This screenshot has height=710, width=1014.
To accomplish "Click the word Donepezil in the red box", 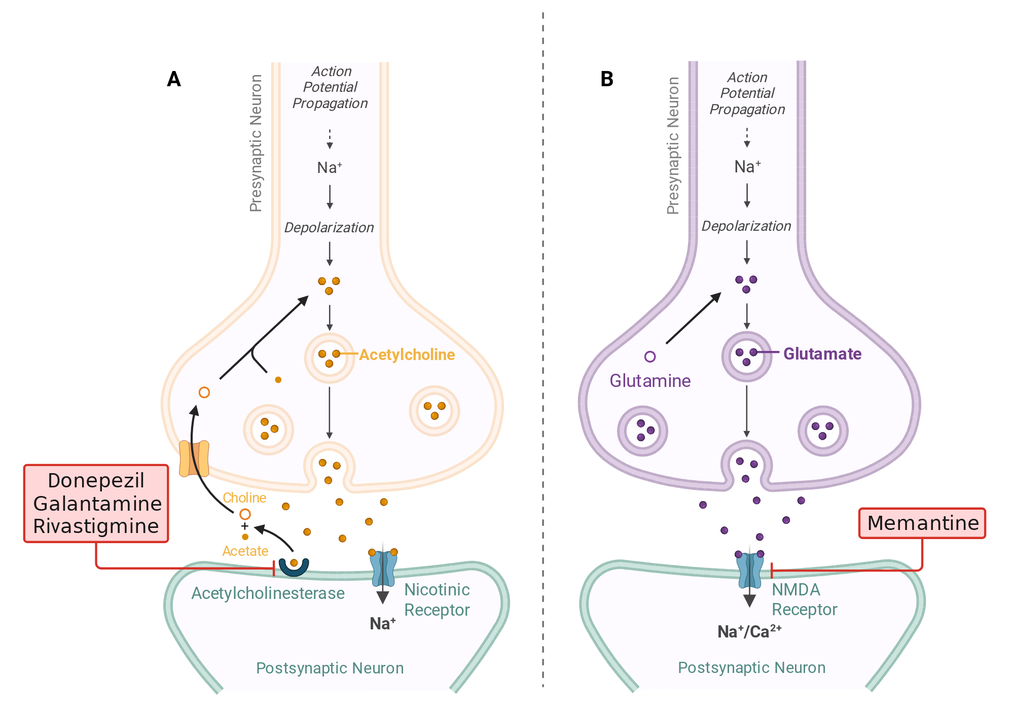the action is click(x=96, y=481).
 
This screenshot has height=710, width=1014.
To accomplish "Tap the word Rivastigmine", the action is click(x=96, y=526).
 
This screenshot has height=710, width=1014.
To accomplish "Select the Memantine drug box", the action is click(x=922, y=523).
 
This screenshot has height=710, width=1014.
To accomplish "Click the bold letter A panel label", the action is click(x=174, y=79).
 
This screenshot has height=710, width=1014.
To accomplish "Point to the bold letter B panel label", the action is click(x=607, y=79).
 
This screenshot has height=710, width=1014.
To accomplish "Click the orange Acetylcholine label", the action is click(x=407, y=354).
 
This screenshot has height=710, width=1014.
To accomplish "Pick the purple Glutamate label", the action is click(x=822, y=353).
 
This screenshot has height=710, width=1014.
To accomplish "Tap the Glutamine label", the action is click(x=650, y=380).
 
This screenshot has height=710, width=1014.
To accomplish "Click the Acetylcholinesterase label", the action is click(x=268, y=593).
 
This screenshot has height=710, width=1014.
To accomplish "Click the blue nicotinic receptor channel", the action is click(x=383, y=568).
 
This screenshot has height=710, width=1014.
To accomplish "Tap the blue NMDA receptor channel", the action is click(x=749, y=570).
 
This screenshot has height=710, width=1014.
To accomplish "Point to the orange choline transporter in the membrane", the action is click(x=194, y=458).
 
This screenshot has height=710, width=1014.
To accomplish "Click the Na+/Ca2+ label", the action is click(x=749, y=631).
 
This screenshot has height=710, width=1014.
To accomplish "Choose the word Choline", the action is click(x=244, y=498).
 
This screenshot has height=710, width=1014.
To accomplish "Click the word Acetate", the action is click(x=245, y=551).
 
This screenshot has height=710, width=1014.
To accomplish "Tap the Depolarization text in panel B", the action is click(x=746, y=226).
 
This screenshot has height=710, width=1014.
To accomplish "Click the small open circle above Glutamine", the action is click(x=650, y=357).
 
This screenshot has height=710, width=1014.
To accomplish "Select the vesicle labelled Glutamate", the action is click(x=746, y=357).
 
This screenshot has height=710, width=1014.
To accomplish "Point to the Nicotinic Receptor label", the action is click(x=437, y=599).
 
